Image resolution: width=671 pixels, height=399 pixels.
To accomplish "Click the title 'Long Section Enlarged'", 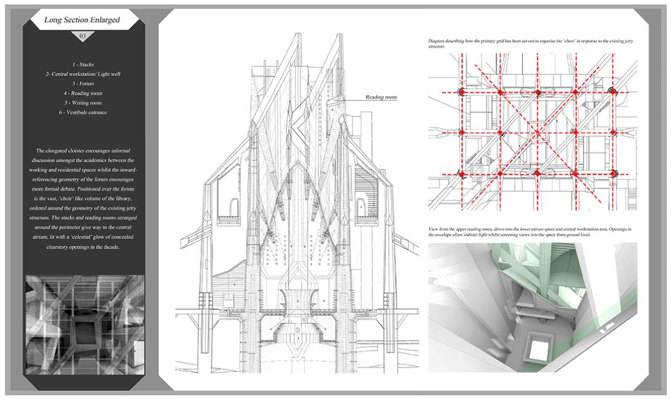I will tap(82, 21).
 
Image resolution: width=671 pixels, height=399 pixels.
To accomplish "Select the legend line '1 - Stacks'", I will tap(83, 65).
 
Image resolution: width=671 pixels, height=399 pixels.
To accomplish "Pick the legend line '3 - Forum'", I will tap(83, 83).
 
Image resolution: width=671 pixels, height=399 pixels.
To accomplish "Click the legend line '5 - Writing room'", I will tap(83, 102).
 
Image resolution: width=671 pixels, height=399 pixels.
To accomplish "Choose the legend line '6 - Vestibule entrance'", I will tap(83, 112).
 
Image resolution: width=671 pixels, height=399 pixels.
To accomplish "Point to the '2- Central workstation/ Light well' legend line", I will tap(83, 74).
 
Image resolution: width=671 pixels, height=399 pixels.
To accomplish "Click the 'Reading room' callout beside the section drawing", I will tap(381, 97).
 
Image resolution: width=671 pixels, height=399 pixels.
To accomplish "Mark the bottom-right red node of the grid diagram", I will tap(613, 175).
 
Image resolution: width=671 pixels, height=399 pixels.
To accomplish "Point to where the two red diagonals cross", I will tap(538, 132).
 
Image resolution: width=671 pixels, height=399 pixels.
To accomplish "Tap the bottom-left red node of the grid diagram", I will tap(462, 175).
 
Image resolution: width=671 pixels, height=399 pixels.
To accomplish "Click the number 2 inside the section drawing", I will tap(299, 301).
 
